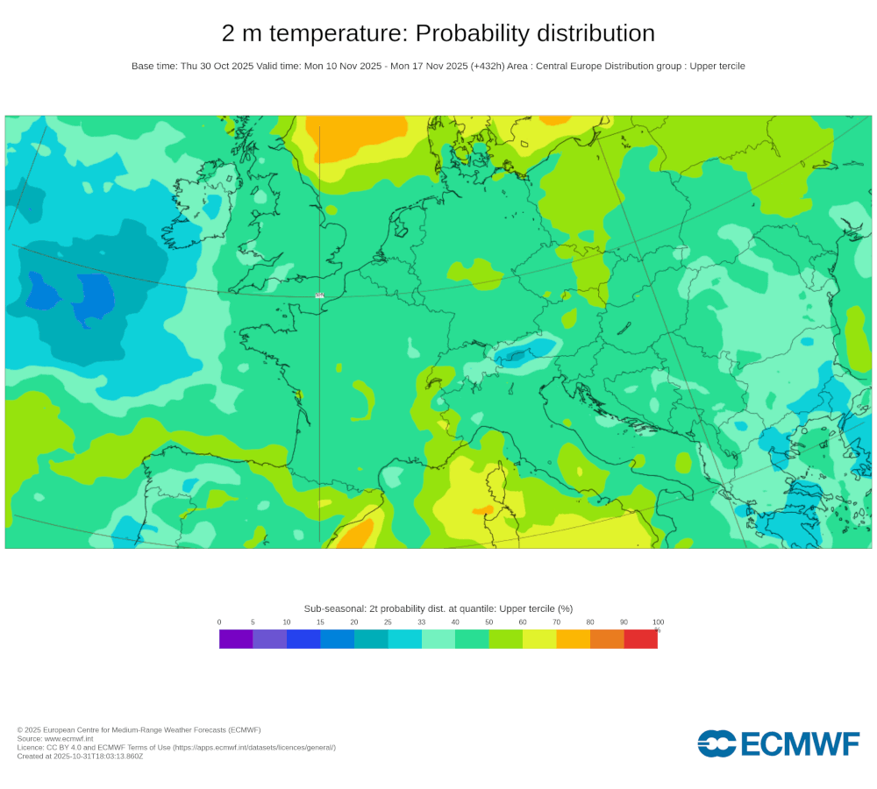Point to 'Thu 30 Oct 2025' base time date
(217, 66)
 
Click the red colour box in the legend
(640, 639)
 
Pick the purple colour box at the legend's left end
(236, 639)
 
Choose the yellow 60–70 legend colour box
(539, 639)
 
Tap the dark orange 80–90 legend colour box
(607, 639)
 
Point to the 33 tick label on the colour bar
(422, 622)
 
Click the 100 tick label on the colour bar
(658, 622)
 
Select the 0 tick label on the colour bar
(219, 622)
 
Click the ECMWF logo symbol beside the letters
(717, 743)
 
